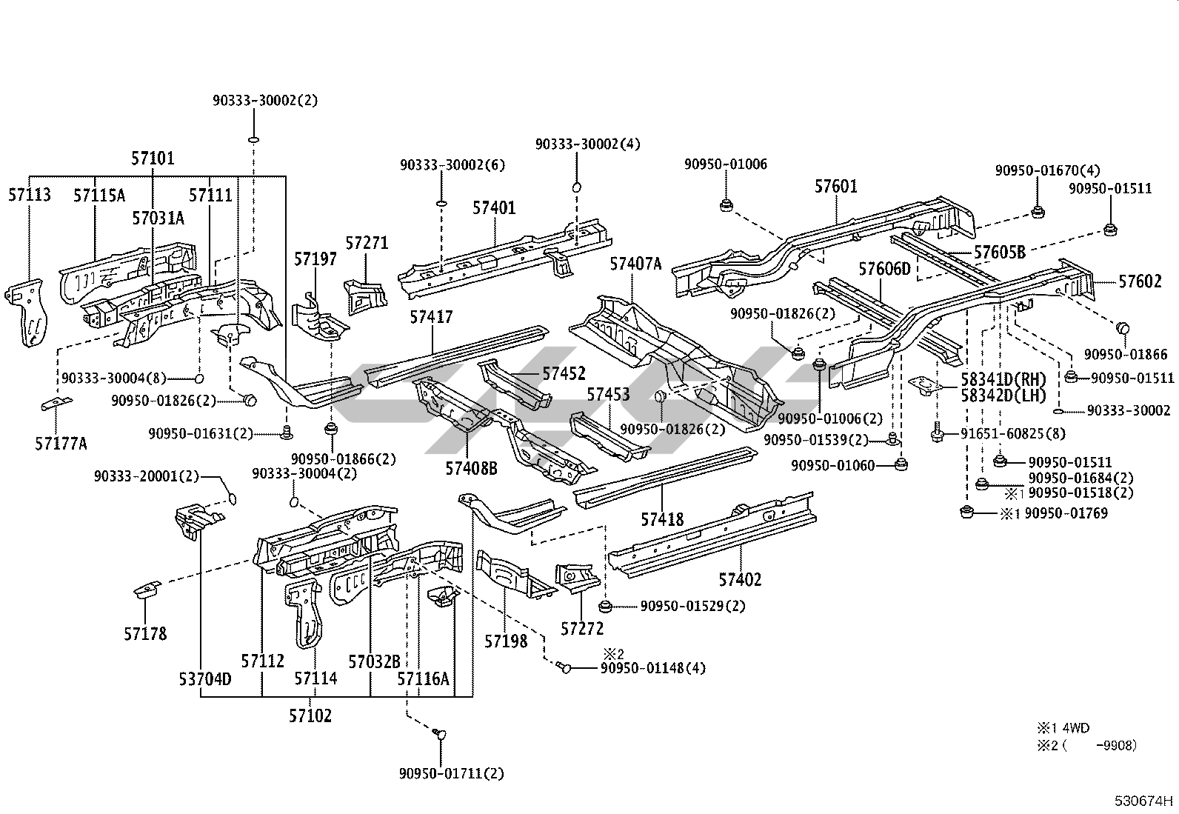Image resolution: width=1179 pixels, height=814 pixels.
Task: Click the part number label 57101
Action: click(153, 158)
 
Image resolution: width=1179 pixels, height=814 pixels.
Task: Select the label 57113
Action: click(30, 195)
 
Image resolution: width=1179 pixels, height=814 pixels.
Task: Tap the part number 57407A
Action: click(635, 263)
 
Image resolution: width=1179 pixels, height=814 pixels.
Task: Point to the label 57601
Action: click(836, 186)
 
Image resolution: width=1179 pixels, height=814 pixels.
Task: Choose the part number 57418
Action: click(662, 520)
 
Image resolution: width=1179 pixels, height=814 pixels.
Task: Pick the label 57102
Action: click(310, 715)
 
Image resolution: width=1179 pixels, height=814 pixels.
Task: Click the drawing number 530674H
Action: click(1144, 800)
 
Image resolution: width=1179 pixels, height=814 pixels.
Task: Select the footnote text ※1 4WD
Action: click(1063, 728)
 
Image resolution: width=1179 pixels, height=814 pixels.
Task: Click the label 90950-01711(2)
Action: click(451, 773)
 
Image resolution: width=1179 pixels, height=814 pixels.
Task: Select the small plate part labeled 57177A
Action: click(56, 404)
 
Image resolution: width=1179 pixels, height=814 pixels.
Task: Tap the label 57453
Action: click(608, 394)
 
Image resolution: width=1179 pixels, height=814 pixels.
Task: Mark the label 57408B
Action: click(471, 468)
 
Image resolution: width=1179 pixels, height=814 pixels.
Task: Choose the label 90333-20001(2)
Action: click(147, 476)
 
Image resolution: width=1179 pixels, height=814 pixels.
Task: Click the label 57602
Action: click(1140, 281)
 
